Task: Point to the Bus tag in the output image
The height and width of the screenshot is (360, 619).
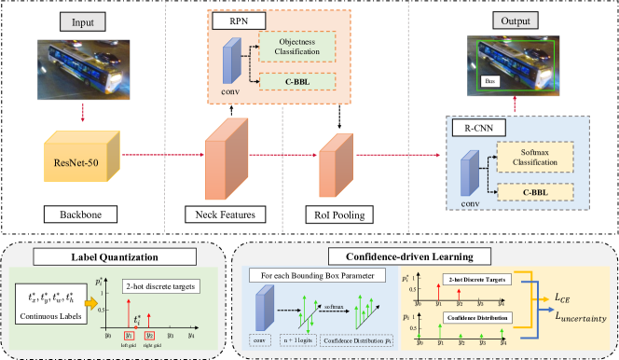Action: click(490, 82)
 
